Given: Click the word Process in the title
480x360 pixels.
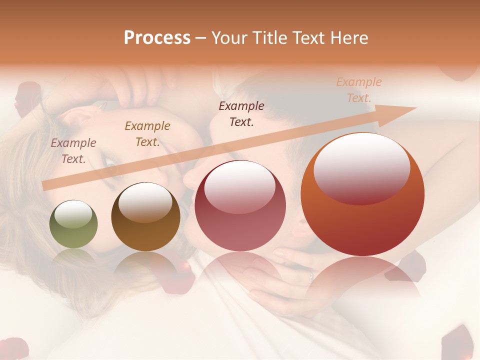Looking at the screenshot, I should click(157, 38).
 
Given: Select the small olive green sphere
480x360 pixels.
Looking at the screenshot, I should click(73, 224).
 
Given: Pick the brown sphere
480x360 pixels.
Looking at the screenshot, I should click(145, 216).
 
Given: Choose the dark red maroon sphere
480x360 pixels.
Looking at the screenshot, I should click(240, 205).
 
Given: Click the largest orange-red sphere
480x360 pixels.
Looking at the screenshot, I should click(362, 194).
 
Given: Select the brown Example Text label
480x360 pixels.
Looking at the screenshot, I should click(147, 134).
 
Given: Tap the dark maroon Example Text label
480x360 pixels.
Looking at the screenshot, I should click(241, 114).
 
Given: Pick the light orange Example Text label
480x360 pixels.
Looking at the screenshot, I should click(358, 90).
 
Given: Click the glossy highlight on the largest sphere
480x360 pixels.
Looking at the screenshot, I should click(361, 167).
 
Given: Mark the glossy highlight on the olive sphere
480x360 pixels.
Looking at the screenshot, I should click(73, 213).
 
